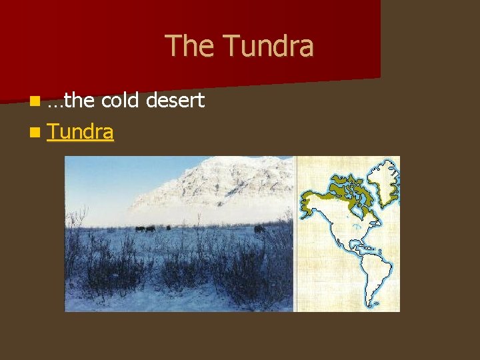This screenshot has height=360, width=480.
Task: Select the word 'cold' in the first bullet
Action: (119, 101)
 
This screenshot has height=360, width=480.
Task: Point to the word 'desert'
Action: (175, 101)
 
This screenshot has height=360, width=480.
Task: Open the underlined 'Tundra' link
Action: (80, 132)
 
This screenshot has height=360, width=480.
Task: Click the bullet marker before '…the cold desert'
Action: (33, 101)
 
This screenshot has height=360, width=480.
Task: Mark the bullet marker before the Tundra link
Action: (33, 133)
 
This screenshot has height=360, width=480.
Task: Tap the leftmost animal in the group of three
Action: (139, 229)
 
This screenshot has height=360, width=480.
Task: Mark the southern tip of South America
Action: (368, 307)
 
